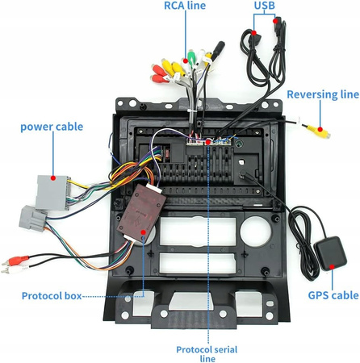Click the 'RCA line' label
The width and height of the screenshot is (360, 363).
pyautogui.click(x=185, y=6)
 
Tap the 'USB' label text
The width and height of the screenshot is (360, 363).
pyautogui.click(x=265, y=5)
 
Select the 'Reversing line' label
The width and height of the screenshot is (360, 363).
pyautogui.click(x=323, y=94)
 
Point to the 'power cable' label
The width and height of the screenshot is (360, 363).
pyautogui.click(x=52, y=127)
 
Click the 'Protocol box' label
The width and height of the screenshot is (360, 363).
pyautogui.click(x=52, y=296)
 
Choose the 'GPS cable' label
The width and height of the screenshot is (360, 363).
pyautogui.click(x=333, y=295)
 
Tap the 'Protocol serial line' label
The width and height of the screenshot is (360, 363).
pyautogui.click(x=207, y=354)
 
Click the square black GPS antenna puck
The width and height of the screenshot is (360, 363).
pyautogui.click(x=330, y=253)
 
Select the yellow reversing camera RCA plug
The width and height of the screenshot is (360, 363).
pyautogui.click(x=319, y=131)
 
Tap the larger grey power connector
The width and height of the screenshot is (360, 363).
pyautogui.click(x=53, y=192)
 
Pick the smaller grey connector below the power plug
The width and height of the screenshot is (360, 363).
pyautogui.click(x=33, y=218)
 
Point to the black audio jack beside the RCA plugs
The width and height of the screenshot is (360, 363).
pyautogui.click(x=217, y=50)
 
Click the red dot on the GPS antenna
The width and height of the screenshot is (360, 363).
pyautogui.click(x=333, y=267)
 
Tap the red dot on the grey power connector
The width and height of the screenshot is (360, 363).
pyautogui.click(x=53, y=177)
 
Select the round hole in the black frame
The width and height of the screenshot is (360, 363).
pyautogui.click(x=255, y=231)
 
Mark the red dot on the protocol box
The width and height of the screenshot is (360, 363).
pyautogui.click(x=143, y=232)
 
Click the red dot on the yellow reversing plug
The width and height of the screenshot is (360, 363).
pyautogui.click(x=320, y=129)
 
